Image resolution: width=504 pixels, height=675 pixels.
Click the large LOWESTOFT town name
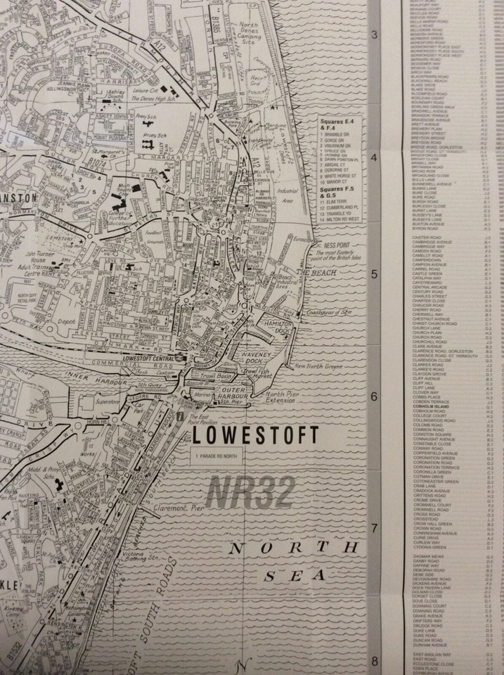pos(255,435)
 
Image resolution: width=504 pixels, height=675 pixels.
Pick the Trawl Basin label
pos(218,376)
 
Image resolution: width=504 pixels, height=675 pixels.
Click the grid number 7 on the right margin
pos(374,529)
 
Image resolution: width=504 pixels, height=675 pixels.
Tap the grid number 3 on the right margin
pos(374,35)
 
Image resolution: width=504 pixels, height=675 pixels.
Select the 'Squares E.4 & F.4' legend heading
pos(336,124)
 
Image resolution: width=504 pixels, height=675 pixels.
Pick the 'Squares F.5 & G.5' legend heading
pos(336,192)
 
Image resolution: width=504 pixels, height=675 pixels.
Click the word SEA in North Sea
pos(295,576)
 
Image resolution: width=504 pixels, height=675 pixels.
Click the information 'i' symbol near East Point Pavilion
pos(181,416)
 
